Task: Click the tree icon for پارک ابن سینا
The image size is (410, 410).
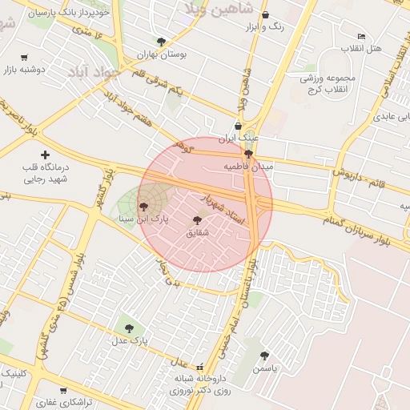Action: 144,206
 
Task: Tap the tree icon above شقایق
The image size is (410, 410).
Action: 197,220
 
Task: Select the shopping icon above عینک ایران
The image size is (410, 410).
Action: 238,125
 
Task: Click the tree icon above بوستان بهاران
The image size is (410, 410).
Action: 162,42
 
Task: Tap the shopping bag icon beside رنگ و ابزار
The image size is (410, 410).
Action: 266,15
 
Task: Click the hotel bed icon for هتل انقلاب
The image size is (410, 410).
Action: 361,37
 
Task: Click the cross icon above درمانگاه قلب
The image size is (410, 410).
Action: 45,155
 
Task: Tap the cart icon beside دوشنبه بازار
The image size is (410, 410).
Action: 23,58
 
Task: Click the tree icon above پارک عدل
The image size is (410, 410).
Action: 129,327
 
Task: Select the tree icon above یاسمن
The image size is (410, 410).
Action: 264,356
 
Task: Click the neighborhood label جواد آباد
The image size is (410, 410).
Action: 94,71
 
